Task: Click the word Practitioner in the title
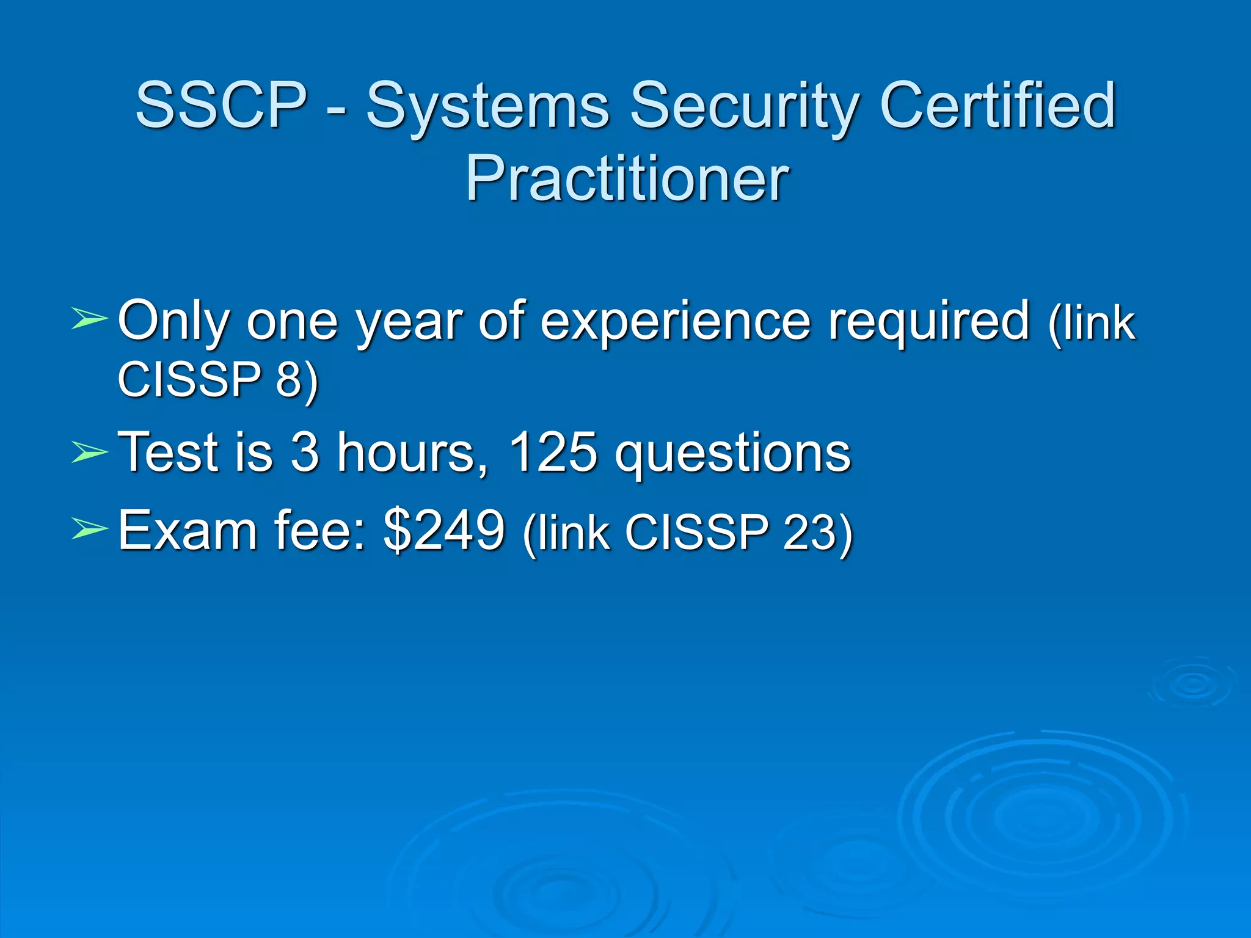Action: (627, 178)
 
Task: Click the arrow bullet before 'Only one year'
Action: (89, 319)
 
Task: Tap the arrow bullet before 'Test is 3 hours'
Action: (89, 453)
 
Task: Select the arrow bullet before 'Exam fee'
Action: (89, 529)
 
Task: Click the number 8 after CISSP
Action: (290, 379)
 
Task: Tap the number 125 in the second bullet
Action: (552, 453)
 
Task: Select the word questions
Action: (732, 455)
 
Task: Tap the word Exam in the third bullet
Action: (187, 530)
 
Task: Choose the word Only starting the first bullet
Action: (173, 321)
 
